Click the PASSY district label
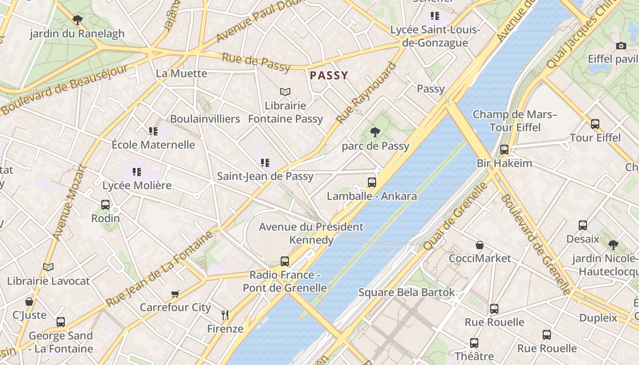[329, 75]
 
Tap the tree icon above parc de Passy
[375, 132]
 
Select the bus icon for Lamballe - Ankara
[372, 182]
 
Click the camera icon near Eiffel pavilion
[621, 46]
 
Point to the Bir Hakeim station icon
[504, 150]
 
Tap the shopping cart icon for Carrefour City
[175, 294]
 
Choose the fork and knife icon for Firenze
[225, 315]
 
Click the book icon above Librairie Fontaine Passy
[285, 92]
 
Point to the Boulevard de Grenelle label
[536, 245]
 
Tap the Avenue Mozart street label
[69, 202]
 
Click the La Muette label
[181, 73]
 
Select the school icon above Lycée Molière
[137, 172]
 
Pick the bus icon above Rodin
[105, 205]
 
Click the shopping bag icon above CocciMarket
[480, 245]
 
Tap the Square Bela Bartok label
[406, 292]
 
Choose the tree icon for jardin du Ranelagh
[78, 20]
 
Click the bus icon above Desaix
[583, 225]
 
